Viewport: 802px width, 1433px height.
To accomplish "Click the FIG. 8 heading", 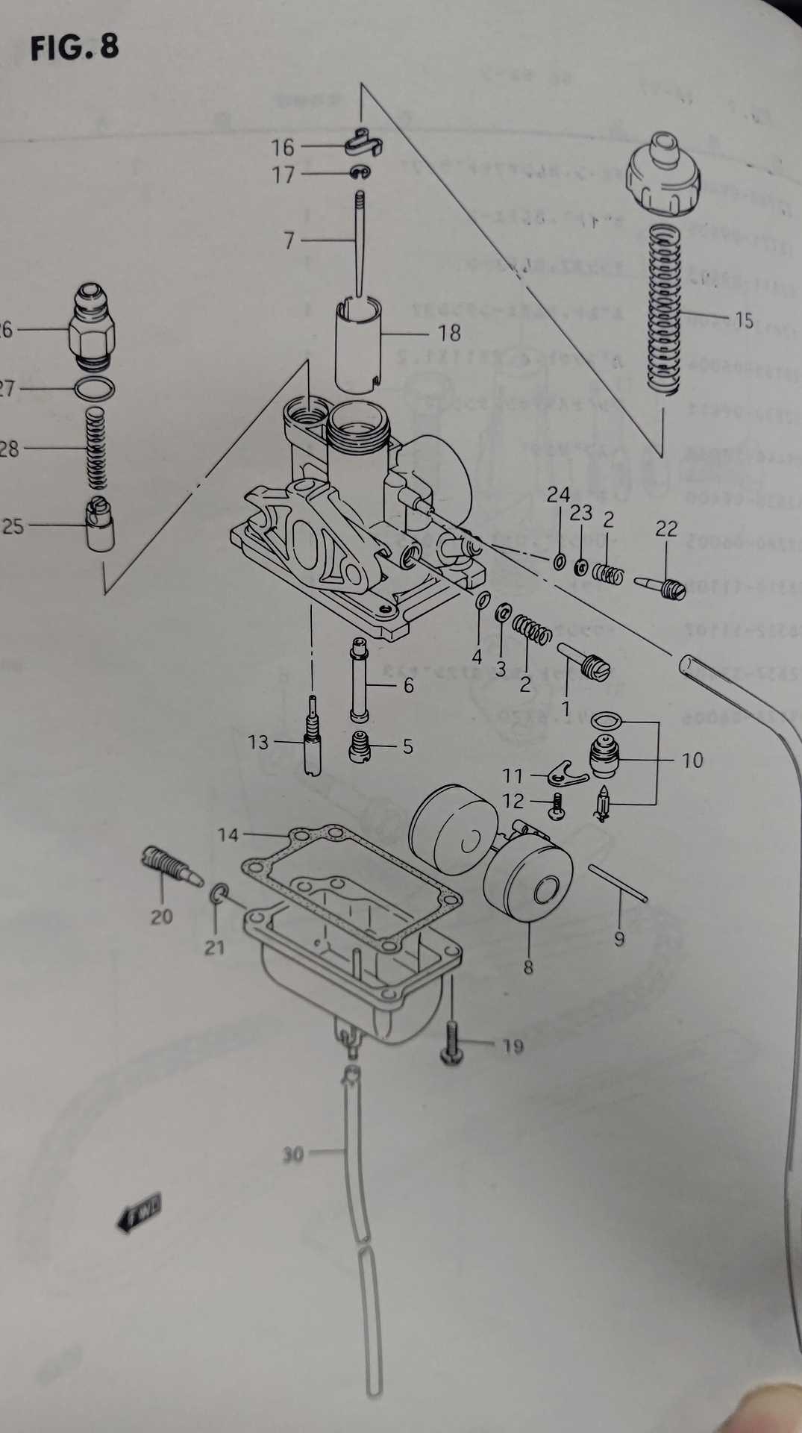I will click(x=75, y=48).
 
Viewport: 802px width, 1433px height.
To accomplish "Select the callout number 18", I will click(x=449, y=332).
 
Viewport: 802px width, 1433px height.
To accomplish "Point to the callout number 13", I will click(x=258, y=742).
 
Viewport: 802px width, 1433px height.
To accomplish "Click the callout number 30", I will click(x=293, y=1155).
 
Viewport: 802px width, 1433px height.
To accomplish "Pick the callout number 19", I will click(x=513, y=1046).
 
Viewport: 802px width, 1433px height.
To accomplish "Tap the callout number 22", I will click(x=666, y=528).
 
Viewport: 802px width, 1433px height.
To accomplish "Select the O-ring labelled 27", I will click(x=95, y=389).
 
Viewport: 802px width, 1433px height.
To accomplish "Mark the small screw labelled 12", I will click(x=556, y=807).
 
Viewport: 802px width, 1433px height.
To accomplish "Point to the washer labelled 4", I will click(x=483, y=601).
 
